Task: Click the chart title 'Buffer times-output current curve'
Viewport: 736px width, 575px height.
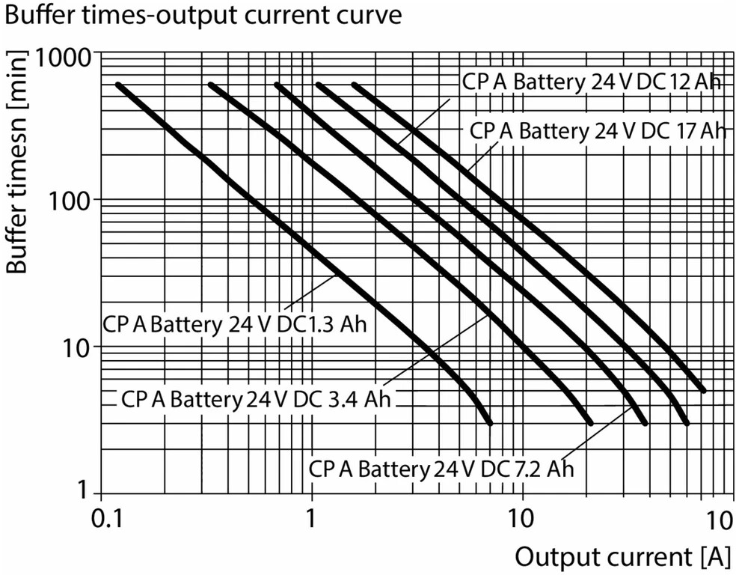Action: (203, 15)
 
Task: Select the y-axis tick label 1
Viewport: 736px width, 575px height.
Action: (84, 490)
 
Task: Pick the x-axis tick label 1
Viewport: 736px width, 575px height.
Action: (310, 519)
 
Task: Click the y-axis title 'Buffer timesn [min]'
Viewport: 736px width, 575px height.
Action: (17, 161)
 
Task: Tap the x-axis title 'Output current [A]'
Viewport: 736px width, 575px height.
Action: (623, 558)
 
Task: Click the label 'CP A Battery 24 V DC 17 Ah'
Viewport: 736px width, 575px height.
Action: (598, 130)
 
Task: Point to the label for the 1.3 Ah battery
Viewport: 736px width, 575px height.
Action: (234, 324)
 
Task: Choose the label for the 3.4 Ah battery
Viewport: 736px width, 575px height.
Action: (256, 399)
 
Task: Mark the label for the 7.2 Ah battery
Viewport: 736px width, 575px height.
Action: (441, 469)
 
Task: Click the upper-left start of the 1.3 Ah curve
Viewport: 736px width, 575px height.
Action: (118, 85)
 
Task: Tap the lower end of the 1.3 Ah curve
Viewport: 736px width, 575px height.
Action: (491, 423)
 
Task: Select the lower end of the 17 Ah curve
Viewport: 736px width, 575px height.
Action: (703, 390)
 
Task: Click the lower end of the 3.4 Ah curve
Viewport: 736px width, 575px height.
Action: (590, 423)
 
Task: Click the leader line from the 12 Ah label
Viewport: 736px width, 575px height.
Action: (424, 122)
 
